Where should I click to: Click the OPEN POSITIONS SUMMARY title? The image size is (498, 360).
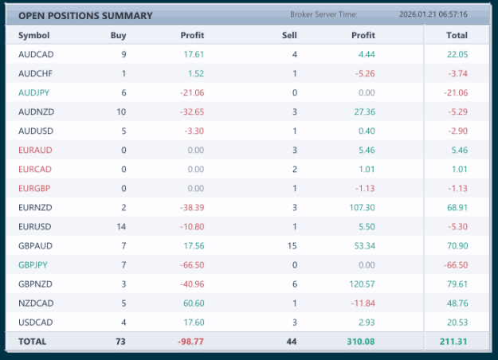85,16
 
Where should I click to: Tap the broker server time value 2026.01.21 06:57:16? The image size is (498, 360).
433,14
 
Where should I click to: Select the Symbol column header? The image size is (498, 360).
34,35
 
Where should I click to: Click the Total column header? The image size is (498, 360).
457,35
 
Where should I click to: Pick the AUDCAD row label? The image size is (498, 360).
36,54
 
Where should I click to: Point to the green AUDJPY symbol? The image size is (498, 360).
33,92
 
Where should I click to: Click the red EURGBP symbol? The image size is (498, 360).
34,188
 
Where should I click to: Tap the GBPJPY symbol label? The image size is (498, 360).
33,264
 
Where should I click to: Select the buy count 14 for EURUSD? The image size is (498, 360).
121,227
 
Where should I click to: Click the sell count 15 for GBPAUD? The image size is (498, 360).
292,246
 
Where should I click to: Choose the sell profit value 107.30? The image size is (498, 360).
362,208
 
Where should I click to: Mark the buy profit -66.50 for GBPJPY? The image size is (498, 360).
192,264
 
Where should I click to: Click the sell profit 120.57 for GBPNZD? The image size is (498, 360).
362,284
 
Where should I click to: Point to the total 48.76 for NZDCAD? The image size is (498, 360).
457,303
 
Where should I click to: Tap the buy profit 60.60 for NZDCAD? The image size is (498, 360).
194,303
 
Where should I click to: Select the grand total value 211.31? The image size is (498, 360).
453,342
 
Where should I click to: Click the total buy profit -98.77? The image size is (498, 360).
190,342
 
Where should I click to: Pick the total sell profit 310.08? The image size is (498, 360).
361,342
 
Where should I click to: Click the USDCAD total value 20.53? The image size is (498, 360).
457,323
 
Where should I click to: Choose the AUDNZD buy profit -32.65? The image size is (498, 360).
192,112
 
